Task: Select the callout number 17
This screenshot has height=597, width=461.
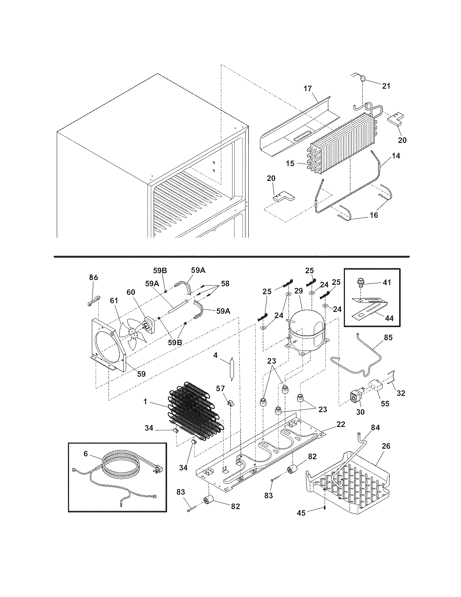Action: (308, 89)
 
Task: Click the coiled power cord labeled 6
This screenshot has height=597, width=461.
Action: (119, 467)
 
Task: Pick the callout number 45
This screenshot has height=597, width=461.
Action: (301, 513)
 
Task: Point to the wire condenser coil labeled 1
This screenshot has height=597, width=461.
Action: (193, 409)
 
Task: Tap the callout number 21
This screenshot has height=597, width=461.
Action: (386, 86)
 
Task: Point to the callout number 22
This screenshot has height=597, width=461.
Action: (341, 424)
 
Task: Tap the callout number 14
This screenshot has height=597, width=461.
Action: (396, 156)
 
